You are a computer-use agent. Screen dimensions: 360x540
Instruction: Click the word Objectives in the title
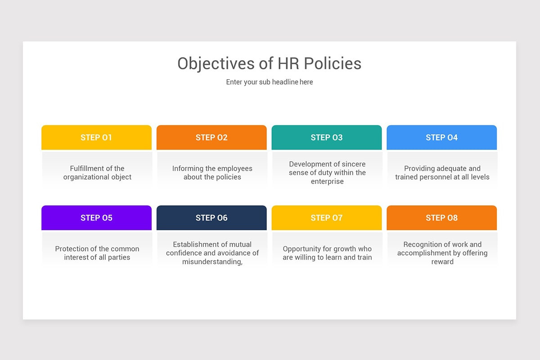(x=216, y=63)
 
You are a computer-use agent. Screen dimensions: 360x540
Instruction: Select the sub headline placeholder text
(x=269, y=82)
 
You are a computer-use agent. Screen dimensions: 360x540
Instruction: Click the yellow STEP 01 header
(x=96, y=138)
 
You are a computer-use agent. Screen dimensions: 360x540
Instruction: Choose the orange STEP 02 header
(x=211, y=138)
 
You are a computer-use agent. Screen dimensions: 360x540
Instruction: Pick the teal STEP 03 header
(x=327, y=138)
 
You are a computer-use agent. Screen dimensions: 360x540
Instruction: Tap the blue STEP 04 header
(x=441, y=138)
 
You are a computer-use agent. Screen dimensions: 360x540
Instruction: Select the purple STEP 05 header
(x=96, y=218)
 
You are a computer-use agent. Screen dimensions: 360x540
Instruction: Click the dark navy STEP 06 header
(x=211, y=218)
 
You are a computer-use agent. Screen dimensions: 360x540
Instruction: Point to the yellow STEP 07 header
(x=327, y=218)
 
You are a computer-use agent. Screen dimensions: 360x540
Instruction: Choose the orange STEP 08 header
(x=441, y=218)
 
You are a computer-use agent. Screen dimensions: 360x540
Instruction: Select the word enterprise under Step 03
(x=327, y=181)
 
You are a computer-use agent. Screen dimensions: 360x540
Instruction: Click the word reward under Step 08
(x=442, y=261)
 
